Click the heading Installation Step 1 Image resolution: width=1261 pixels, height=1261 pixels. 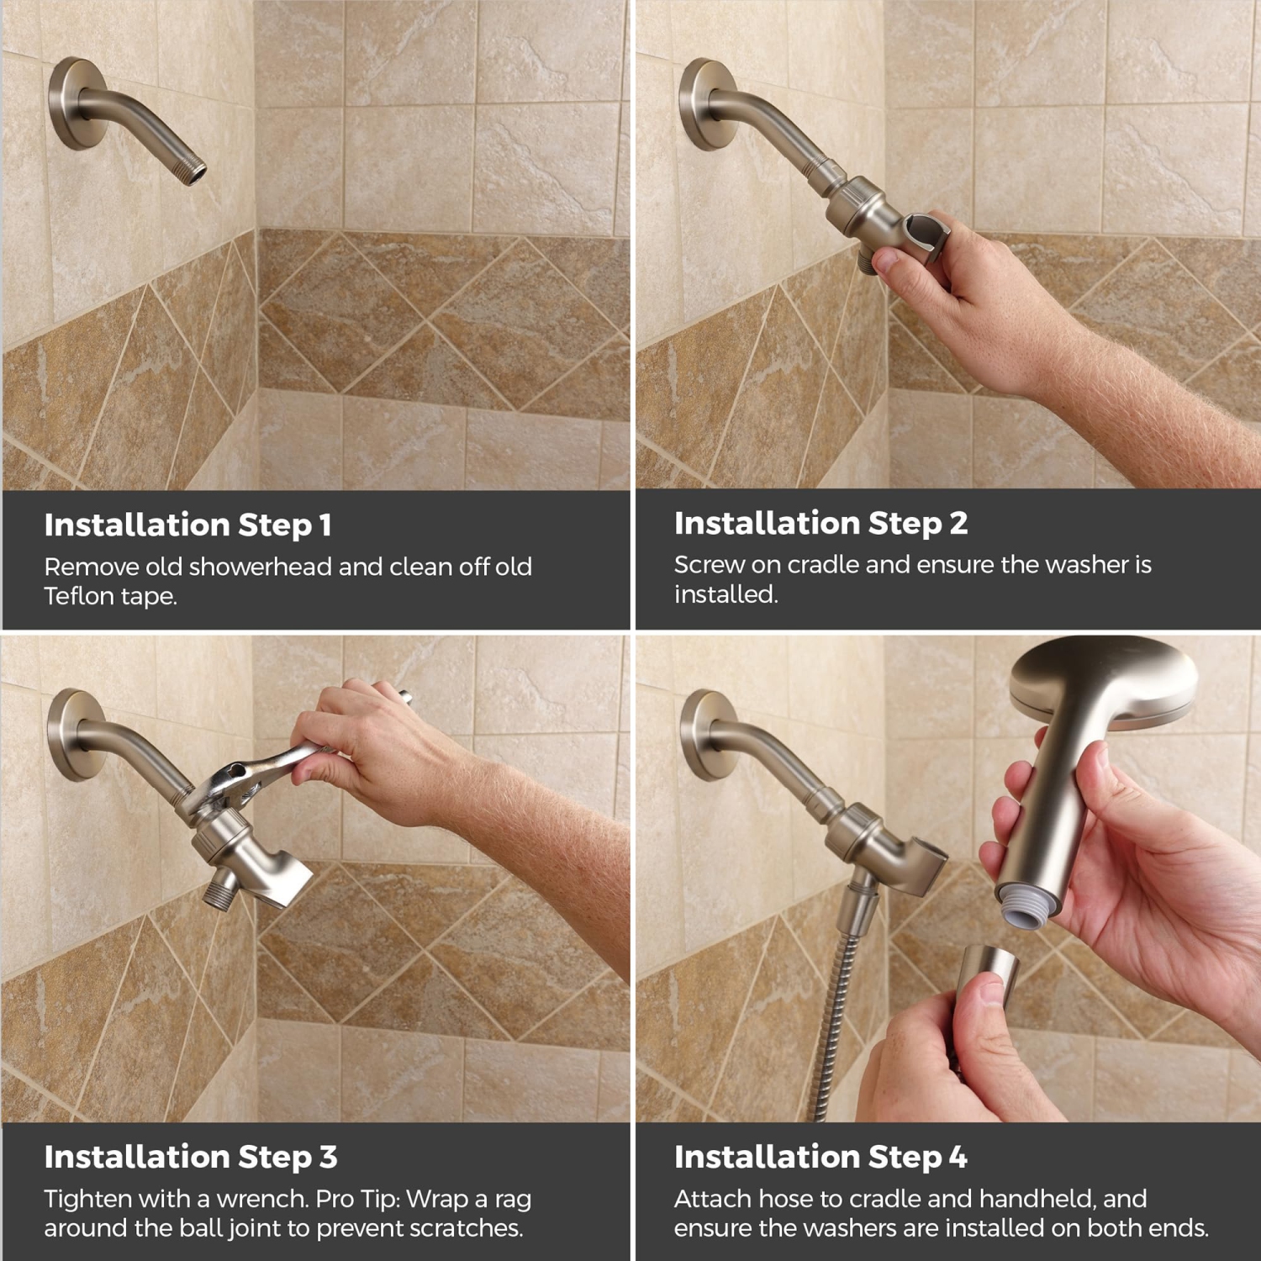187,525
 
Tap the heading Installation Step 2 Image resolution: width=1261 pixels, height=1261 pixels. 820,523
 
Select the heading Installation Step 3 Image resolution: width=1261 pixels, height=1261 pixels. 191,1157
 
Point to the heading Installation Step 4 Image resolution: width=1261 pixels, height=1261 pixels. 820,1157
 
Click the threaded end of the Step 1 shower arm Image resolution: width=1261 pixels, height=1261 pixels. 193,171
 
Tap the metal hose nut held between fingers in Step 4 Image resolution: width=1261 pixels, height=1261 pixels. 988,975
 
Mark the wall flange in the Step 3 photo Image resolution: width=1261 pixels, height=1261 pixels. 72,736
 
